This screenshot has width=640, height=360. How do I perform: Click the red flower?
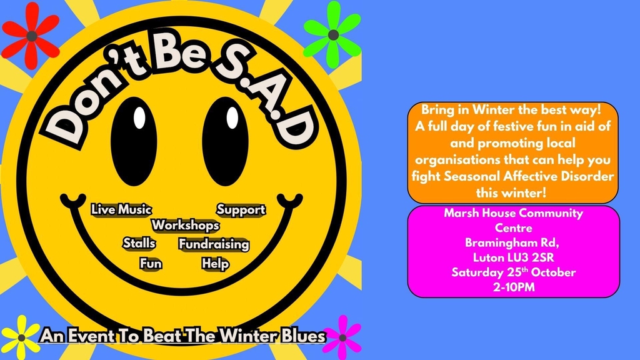tap(31, 36)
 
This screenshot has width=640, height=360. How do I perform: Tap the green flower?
tap(332, 35)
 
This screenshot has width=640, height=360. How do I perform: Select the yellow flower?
tap(21, 338)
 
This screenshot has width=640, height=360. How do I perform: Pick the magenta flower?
tap(343, 337)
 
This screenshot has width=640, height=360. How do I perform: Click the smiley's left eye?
tap(134, 141)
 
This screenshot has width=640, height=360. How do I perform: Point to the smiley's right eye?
tap(225, 141)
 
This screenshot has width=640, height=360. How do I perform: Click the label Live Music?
tap(121, 209)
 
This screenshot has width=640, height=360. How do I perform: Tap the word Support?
tap(241, 210)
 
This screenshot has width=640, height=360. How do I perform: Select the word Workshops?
tap(185, 225)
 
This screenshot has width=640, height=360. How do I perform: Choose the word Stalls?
tap(139, 243)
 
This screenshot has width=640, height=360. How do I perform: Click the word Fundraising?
tap(214, 244)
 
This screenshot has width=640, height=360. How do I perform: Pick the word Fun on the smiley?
tap(151, 263)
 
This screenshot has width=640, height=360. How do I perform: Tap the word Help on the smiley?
tap(215, 264)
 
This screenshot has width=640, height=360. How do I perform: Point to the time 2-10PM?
tap(514, 287)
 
